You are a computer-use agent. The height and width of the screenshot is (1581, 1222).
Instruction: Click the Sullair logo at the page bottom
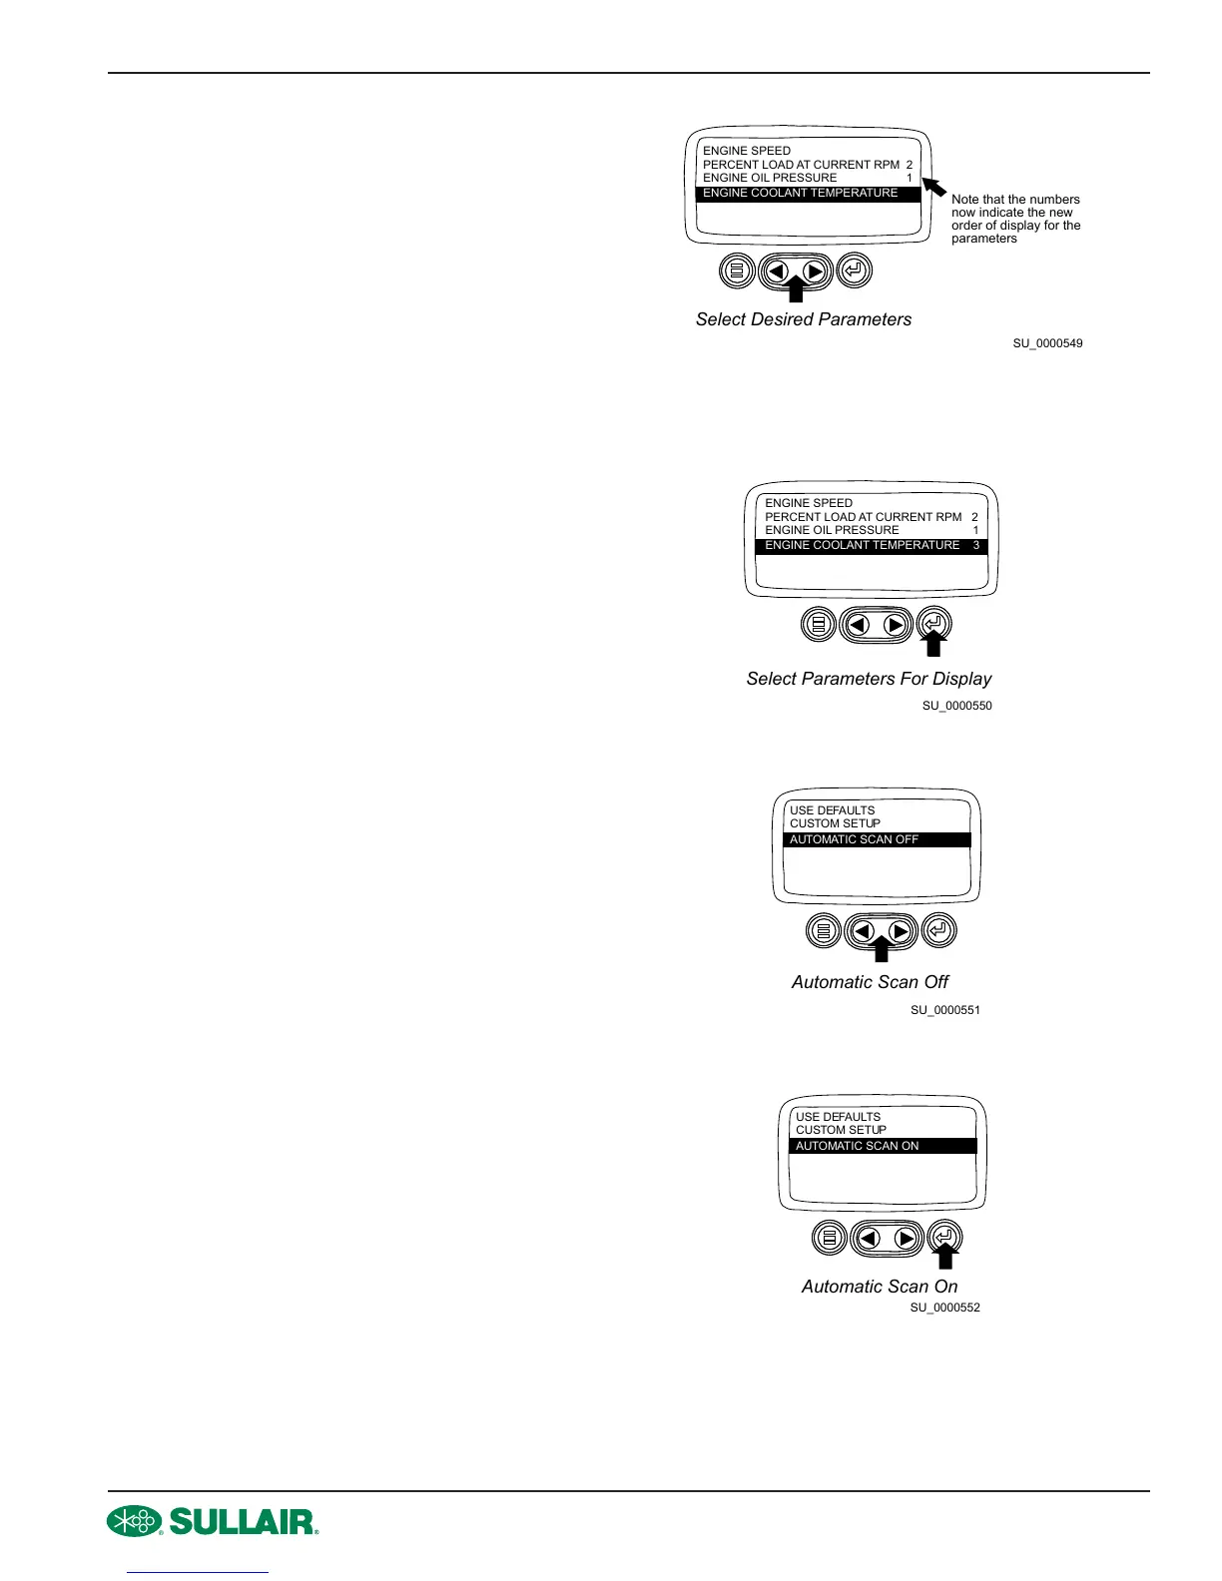coord(213,1521)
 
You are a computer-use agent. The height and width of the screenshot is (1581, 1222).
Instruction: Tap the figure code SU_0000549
coord(1047,343)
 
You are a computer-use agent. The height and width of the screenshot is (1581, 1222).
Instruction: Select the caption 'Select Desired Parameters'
coord(804,319)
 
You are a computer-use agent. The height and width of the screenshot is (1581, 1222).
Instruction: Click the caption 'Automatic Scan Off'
coord(870,982)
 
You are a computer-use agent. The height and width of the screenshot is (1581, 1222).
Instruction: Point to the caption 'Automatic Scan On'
coord(880,1287)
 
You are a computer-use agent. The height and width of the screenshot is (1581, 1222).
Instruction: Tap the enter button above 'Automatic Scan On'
coord(944,1238)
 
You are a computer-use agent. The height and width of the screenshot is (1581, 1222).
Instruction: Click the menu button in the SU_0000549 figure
coord(738,270)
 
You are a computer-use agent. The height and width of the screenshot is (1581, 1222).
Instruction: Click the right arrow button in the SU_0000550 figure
coord(896,625)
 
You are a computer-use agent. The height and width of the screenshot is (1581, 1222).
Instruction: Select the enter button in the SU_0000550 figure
coord(933,624)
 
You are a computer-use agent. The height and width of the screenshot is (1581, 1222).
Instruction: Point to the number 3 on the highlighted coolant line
coord(976,545)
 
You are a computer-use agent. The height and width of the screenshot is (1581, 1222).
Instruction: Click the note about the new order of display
coord(1015,219)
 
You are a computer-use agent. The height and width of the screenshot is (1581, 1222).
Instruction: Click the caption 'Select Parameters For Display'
coord(869,679)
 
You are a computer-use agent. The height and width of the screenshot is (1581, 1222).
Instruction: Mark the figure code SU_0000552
coord(944,1308)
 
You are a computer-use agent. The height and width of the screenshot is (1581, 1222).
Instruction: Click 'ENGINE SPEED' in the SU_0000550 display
coord(809,503)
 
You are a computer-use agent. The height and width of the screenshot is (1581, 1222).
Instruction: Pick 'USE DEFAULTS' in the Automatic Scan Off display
coord(832,810)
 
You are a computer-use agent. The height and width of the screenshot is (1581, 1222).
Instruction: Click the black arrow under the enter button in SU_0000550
coord(933,647)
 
